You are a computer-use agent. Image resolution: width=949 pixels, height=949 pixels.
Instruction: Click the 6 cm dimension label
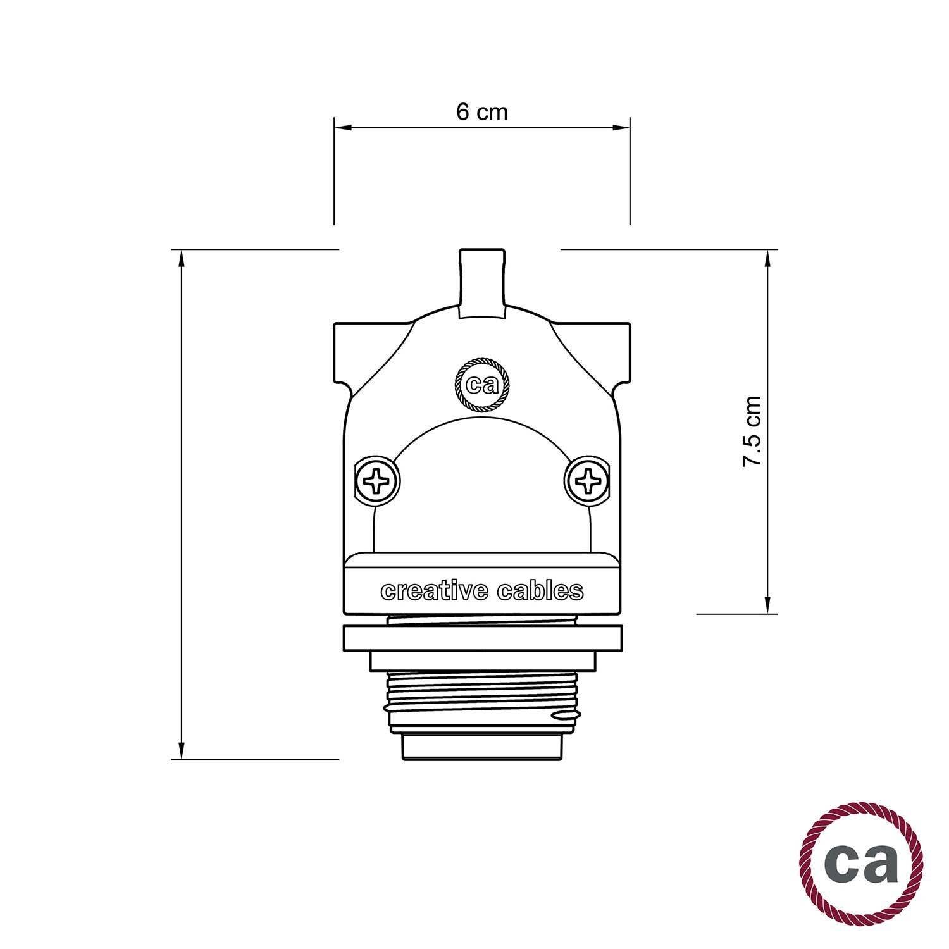(x=481, y=113)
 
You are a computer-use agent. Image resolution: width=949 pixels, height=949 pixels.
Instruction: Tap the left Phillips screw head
(x=377, y=481)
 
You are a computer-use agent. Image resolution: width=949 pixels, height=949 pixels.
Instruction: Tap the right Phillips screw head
(x=587, y=481)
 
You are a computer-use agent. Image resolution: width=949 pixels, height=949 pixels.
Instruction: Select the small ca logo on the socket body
(x=482, y=385)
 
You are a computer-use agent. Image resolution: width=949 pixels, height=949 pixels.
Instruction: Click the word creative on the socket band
(x=434, y=591)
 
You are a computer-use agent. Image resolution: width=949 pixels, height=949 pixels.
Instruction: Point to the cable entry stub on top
(x=482, y=282)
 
